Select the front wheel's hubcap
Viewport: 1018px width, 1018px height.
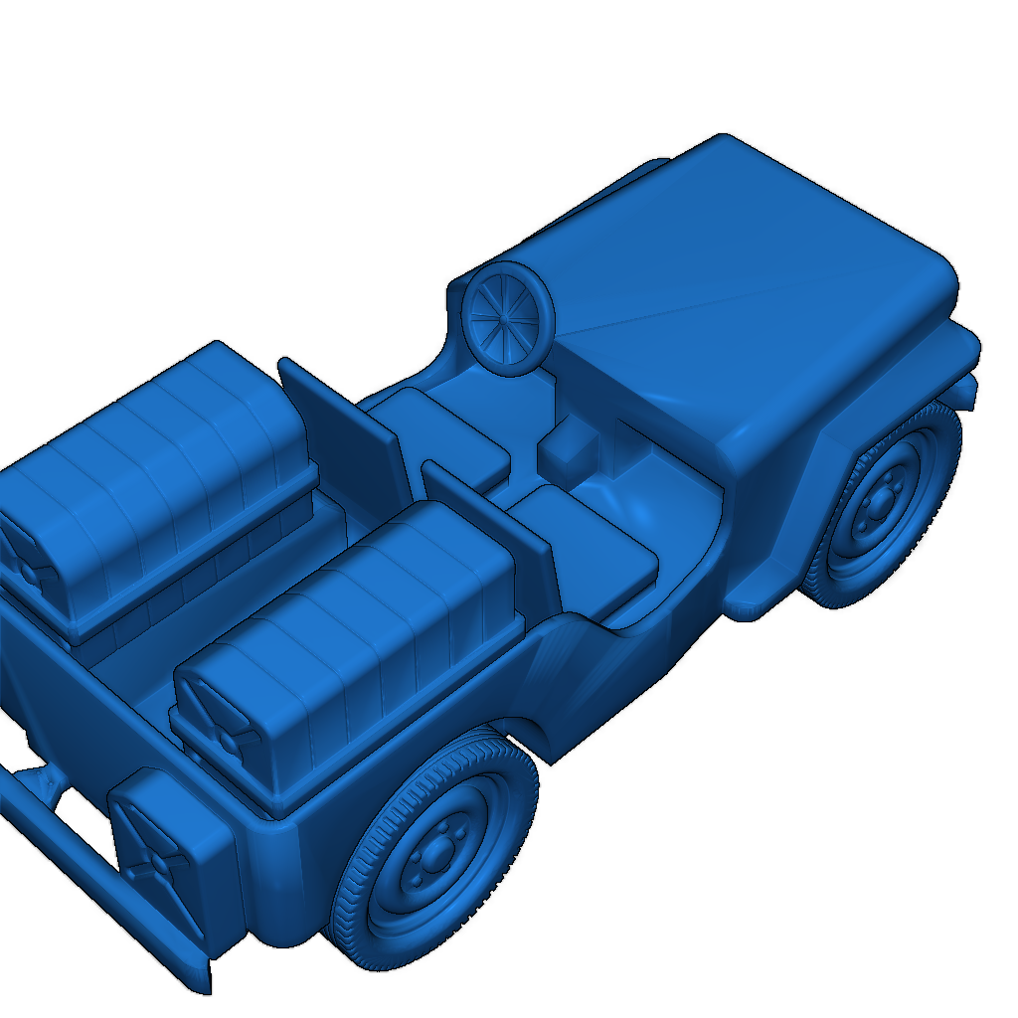(880, 507)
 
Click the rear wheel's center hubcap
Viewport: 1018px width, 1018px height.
(433, 857)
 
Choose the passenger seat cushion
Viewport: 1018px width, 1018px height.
(587, 547)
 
